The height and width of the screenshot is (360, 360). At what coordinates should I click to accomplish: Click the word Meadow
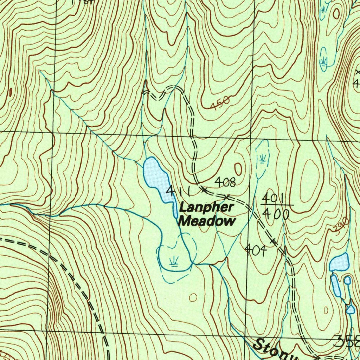[207, 221]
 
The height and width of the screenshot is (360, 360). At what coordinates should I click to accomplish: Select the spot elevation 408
[225, 182]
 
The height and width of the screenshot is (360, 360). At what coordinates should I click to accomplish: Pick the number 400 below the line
[276, 214]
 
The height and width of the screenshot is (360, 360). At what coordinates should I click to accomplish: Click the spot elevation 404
[256, 250]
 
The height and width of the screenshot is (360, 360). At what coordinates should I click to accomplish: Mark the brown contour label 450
[221, 103]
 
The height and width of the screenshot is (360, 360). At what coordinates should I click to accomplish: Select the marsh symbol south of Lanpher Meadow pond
[174, 262]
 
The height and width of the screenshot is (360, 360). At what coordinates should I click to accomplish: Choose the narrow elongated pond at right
[335, 285]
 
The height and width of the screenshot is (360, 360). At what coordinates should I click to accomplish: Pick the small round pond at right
[347, 280]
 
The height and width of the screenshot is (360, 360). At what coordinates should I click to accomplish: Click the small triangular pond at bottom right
[350, 309]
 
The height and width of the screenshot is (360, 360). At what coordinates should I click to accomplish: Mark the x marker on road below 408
[227, 196]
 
